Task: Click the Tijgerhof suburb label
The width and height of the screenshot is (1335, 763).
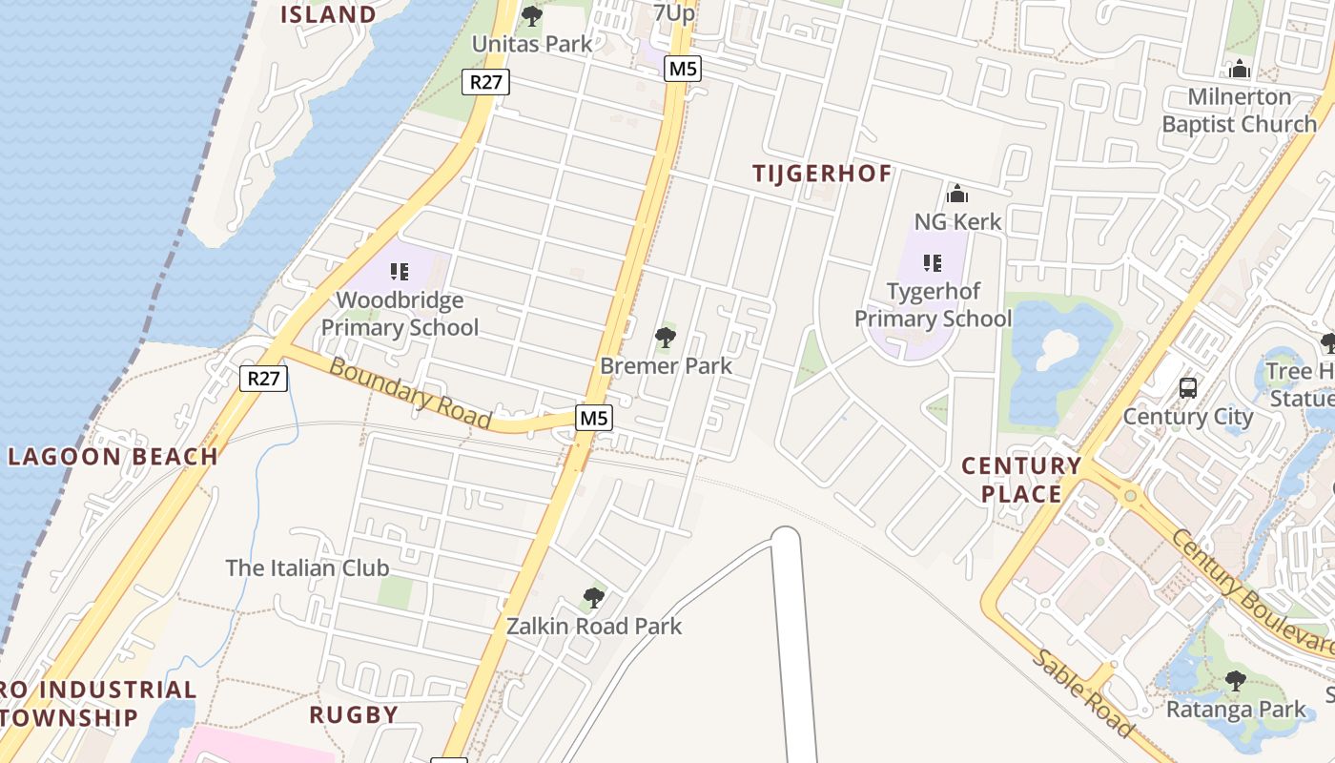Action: (x=822, y=174)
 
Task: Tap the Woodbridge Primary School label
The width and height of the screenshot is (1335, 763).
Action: (x=400, y=314)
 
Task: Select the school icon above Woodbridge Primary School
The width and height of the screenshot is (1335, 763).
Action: (x=400, y=272)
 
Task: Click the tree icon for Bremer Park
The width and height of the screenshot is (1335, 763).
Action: (x=666, y=337)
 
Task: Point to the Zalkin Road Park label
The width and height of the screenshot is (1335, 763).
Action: (x=594, y=627)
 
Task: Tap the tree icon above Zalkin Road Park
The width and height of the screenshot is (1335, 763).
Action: (x=593, y=599)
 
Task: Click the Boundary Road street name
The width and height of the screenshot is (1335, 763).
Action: (x=410, y=392)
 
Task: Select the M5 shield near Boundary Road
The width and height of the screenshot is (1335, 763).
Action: (x=593, y=418)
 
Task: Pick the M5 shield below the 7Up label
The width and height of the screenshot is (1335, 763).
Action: (x=683, y=69)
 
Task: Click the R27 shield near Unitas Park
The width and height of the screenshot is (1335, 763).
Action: (x=486, y=82)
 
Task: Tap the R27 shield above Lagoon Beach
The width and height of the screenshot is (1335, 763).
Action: (x=263, y=379)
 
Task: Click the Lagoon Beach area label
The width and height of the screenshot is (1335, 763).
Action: (x=113, y=456)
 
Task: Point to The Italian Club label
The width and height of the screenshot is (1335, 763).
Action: (x=307, y=568)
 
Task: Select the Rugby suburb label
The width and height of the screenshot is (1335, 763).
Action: (x=354, y=714)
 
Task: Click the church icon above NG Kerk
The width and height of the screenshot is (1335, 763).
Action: (x=957, y=195)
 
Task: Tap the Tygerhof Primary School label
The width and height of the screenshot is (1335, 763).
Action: (x=933, y=304)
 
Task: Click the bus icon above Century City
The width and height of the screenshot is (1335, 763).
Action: (x=1188, y=388)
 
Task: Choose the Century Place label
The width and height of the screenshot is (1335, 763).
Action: (x=1021, y=480)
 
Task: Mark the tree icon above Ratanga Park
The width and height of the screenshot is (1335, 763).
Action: (x=1236, y=681)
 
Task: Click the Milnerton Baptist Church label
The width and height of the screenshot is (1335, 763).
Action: (x=1239, y=111)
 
